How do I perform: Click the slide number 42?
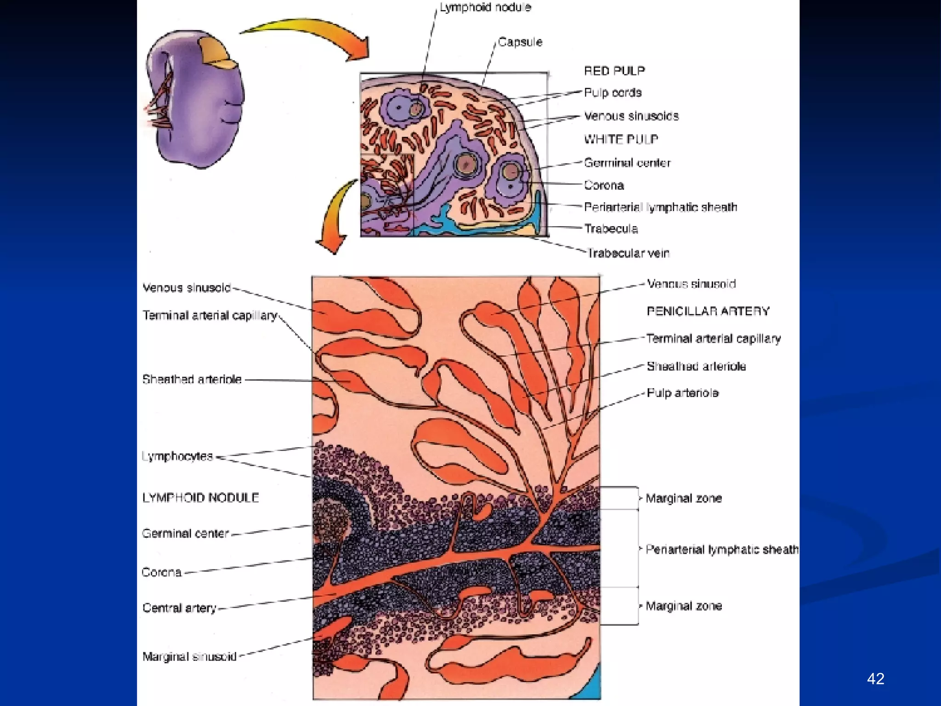click(x=875, y=678)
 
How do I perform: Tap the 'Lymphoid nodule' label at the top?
click(x=485, y=8)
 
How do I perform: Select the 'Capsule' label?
click(x=520, y=42)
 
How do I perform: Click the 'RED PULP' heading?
click(x=614, y=71)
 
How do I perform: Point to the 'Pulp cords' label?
click(x=612, y=93)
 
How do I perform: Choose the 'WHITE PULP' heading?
click(x=621, y=139)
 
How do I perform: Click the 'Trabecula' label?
click(x=611, y=229)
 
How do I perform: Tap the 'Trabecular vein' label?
click(x=628, y=253)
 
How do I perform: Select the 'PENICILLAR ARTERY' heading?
click(x=708, y=312)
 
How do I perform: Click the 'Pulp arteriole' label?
click(x=682, y=393)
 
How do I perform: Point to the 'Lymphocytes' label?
click(x=177, y=456)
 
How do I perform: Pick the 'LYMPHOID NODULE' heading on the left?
click(x=200, y=498)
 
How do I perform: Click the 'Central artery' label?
click(x=179, y=608)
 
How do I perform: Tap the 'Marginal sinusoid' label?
click(x=189, y=657)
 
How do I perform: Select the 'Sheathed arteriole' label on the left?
click(x=192, y=380)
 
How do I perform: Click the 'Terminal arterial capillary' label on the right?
click(x=713, y=339)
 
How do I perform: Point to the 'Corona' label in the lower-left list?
click(x=161, y=573)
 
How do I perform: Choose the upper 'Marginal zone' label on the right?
click(x=684, y=499)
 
